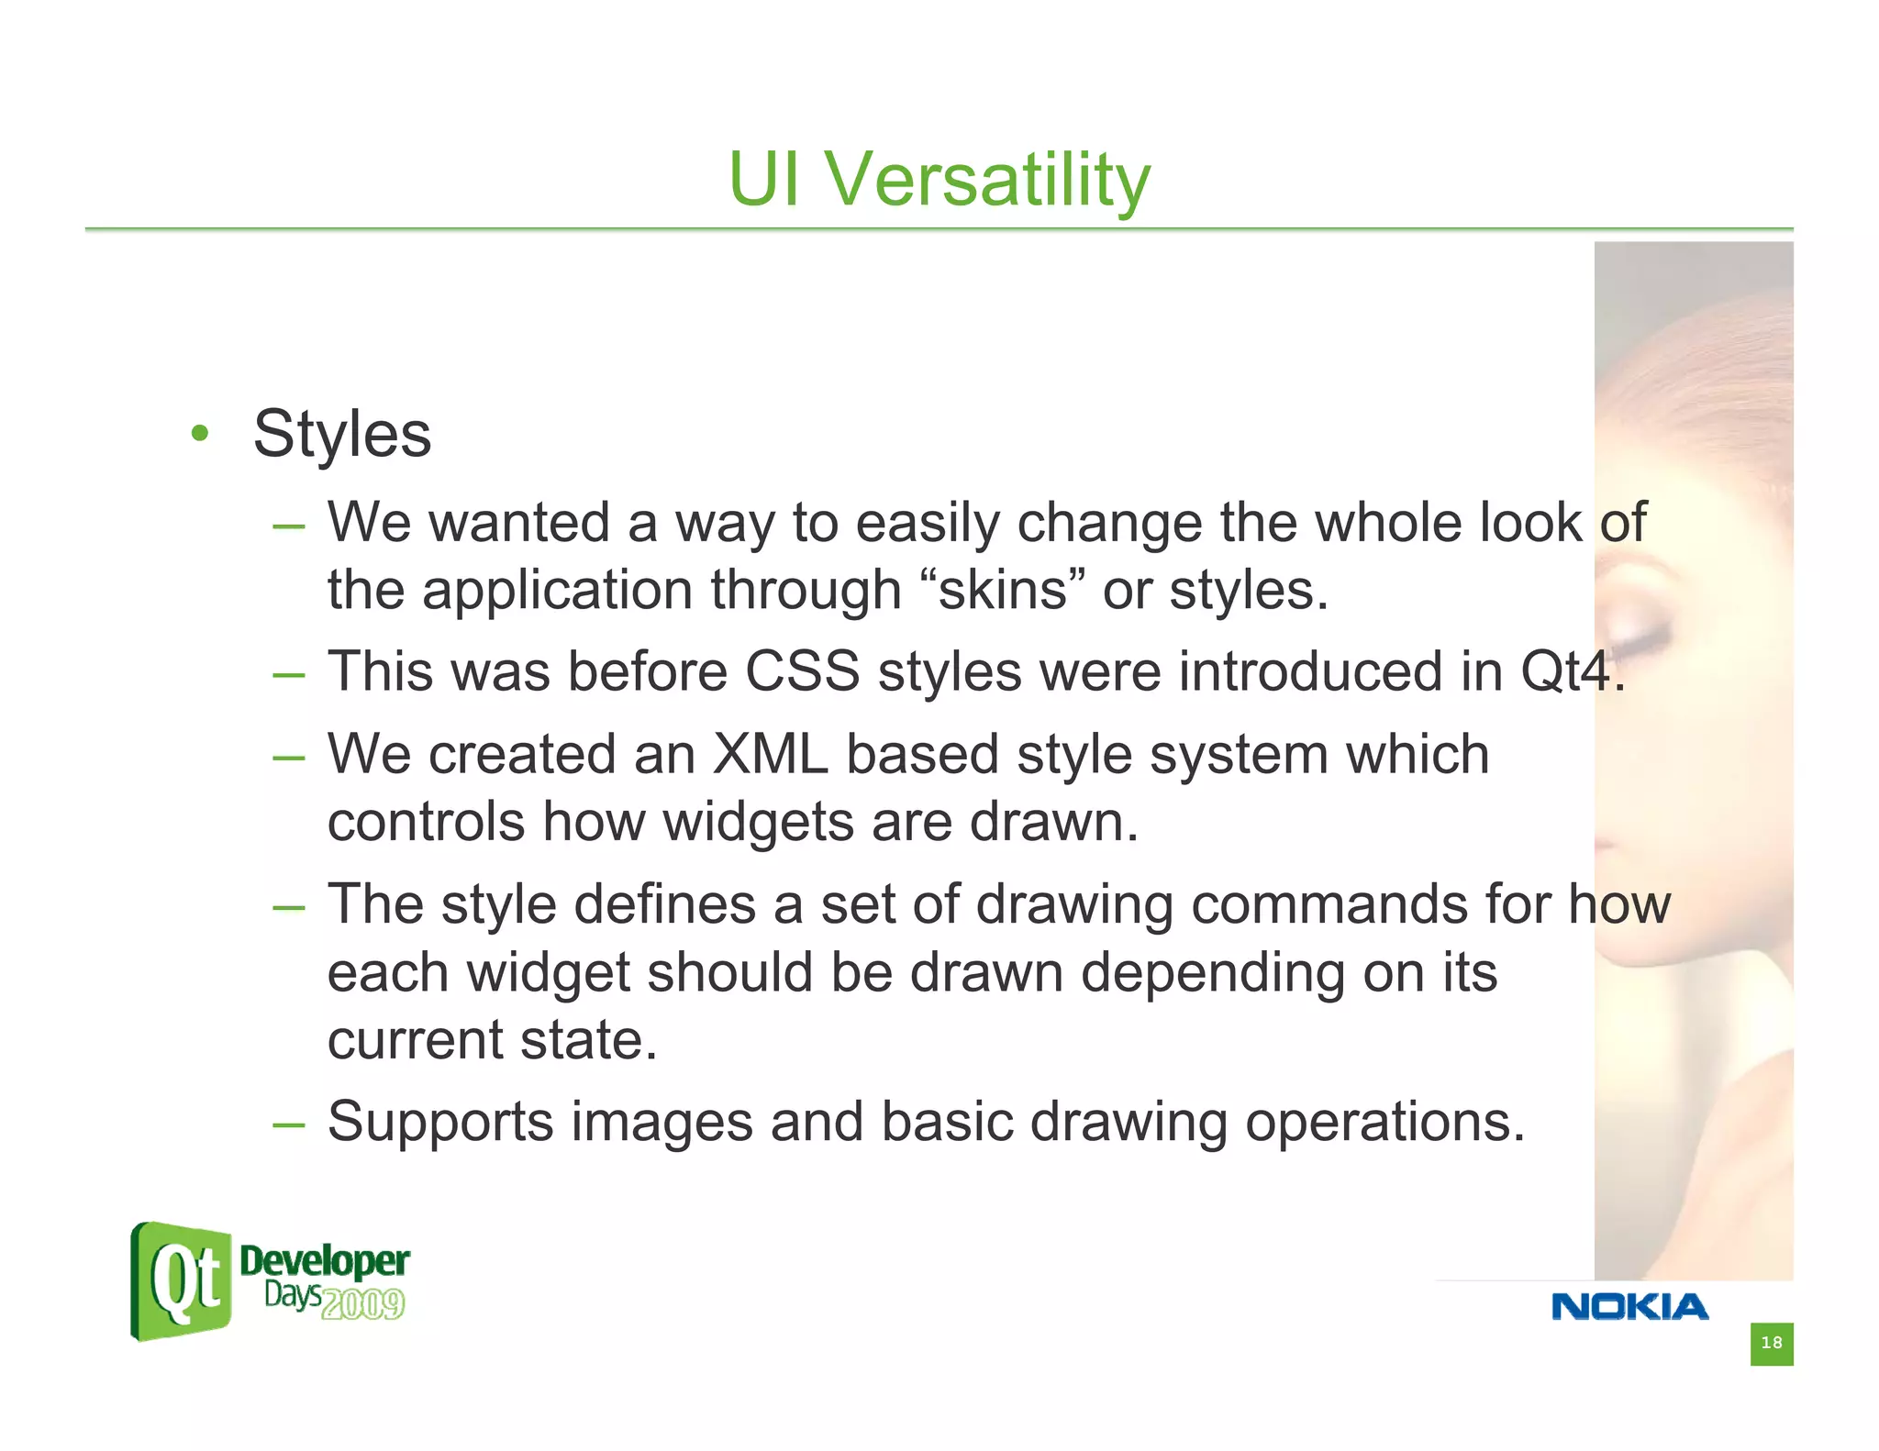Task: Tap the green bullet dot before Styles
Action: (200, 433)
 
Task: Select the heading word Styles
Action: (341, 434)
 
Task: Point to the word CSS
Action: (802, 670)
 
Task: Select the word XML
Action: (770, 754)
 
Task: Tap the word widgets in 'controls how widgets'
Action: (758, 821)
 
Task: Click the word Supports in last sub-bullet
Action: (440, 1122)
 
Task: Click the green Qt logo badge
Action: (182, 1281)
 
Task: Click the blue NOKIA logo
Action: (1629, 1306)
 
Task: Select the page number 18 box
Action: (1771, 1343)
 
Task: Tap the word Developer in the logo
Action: (324, 1261)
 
